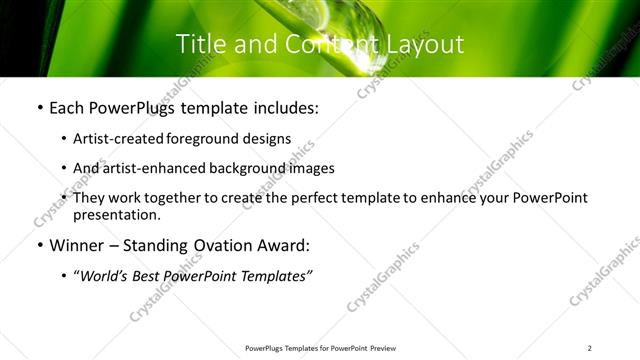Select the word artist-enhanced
(157, 168)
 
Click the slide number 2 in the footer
(590, 348)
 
